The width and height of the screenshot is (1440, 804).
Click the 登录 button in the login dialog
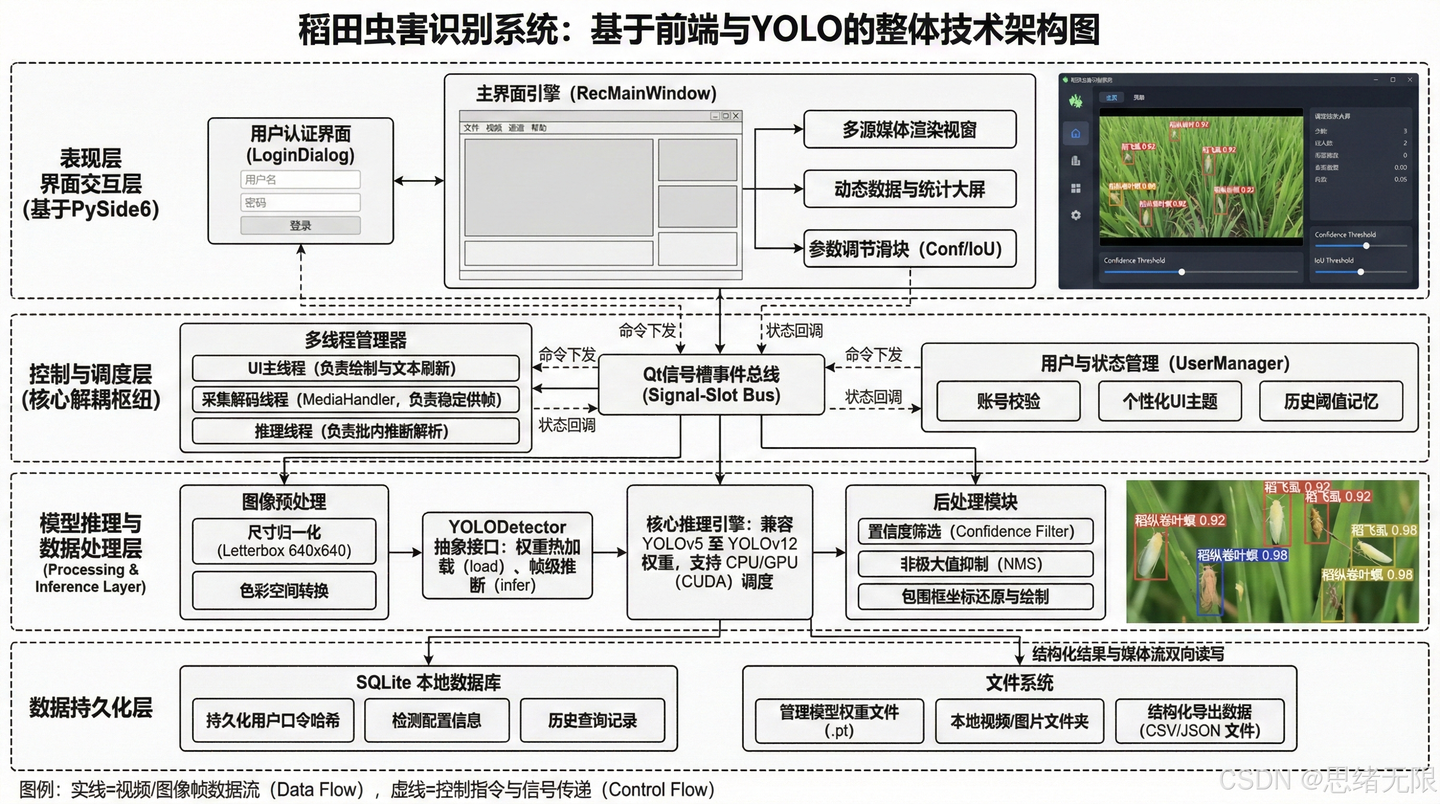point(300,225)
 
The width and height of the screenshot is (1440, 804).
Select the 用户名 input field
point(300,180)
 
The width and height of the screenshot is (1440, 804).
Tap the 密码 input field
point(300,203)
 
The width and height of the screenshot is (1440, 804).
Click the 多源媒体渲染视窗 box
point(909,130)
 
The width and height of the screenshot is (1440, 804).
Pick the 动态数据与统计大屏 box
point(909,189)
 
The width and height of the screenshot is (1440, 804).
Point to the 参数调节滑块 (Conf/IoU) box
point(909,249)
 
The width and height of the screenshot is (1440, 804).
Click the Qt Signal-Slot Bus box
point(711,385)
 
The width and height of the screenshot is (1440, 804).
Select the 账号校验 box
point(1008,401)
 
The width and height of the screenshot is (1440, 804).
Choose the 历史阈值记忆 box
point(1331,401)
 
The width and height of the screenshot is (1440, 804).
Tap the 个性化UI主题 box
point(1169,401)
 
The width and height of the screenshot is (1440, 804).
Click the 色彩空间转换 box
point(284,590)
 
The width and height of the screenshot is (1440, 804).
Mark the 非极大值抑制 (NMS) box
point(975,564)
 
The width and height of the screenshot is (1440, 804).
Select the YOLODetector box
point(507,555)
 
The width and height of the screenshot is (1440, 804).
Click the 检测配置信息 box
point(436,720)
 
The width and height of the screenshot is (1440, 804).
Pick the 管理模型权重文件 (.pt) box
point(839,721)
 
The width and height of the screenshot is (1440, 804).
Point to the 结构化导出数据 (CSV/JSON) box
point(1200,721)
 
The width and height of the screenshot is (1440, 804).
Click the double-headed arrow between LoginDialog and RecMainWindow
point(419,181)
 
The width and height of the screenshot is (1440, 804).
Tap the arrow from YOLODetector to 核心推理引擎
point(609,552)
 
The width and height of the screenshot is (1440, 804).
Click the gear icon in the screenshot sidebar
point(1075,215)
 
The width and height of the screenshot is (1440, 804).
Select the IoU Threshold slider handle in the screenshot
point(1360,272)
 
